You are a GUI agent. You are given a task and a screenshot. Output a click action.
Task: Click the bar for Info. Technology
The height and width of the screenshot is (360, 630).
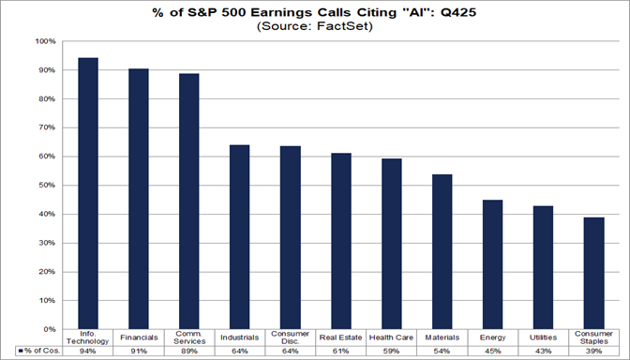point(88,193)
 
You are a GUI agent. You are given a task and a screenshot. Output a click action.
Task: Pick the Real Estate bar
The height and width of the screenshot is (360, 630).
point(341,241)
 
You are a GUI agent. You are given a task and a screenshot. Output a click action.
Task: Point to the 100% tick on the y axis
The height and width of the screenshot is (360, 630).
point(45,41)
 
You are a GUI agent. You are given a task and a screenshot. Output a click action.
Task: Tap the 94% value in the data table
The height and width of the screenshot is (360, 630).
point(88,351)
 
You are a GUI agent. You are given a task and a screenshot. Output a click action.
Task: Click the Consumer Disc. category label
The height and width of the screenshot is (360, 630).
point(291,337)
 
